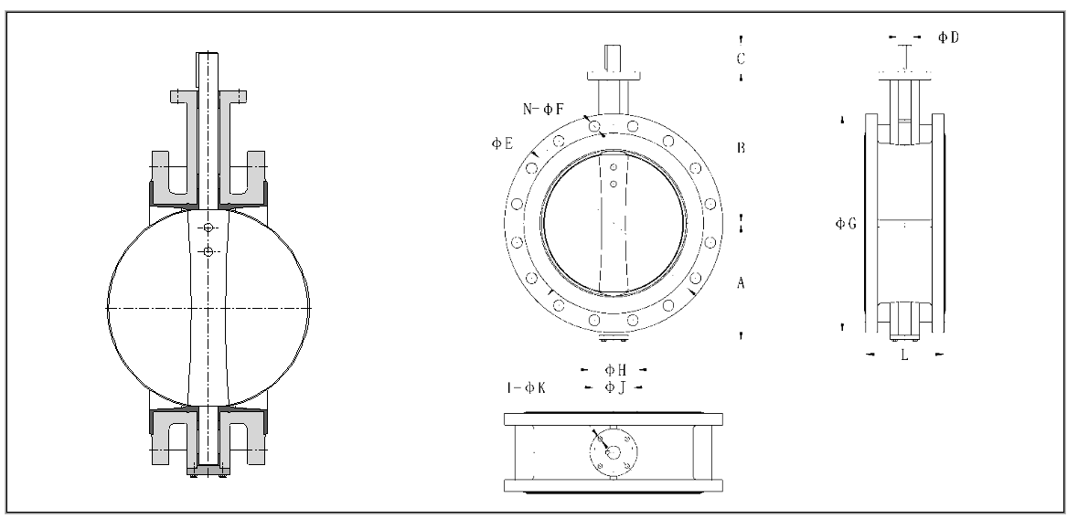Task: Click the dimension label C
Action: (x=742, y=58)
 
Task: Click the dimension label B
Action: (x=742, y=147)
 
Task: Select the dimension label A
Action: (x=742, y=284)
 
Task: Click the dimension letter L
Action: (x=903, y=354)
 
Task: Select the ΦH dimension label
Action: (x=614, y=369)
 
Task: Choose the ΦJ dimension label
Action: (x=614, y=387)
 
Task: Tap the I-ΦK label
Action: (x=527, y=387)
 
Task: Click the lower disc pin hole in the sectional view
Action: (x=208, y=251)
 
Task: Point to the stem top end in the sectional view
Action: (x=208, y=56)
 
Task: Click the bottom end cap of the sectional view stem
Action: (x=208, y=471)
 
